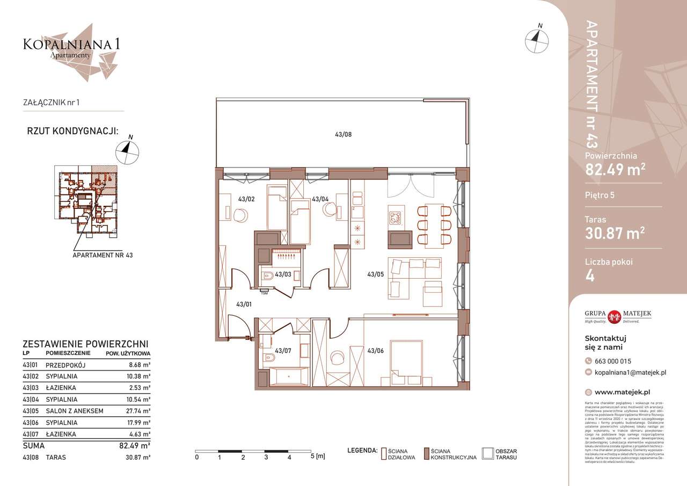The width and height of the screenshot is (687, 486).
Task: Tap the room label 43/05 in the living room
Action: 375,274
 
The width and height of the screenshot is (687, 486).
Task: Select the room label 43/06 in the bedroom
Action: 375,351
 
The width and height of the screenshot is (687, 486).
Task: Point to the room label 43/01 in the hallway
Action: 244,304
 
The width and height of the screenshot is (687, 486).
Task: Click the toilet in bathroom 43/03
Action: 267,277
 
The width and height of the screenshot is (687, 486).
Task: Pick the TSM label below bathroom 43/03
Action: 264,293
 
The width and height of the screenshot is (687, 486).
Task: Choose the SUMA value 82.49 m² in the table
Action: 134,445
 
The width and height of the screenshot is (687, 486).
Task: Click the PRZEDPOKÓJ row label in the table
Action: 66,365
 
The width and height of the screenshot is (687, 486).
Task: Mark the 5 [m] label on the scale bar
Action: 318,457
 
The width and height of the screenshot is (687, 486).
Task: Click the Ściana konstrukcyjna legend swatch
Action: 427,454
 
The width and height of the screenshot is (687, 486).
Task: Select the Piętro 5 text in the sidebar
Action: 600,195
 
